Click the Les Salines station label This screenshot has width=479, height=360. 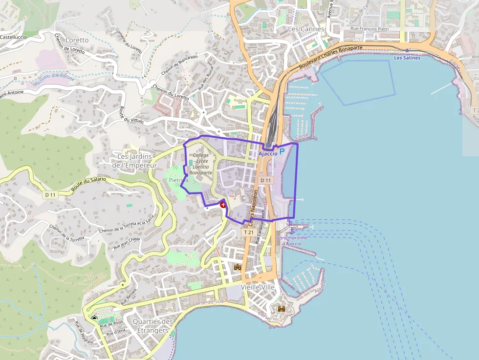[407, 58]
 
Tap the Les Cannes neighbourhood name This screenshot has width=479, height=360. [306, 29]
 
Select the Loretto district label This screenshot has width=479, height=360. [77, 40]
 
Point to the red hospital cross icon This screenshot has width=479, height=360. [223, 205]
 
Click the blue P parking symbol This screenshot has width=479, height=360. [282, 153]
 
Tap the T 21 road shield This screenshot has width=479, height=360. [248, 233]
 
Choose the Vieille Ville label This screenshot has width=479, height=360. [258, 287]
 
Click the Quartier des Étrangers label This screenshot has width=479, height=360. [152, 326]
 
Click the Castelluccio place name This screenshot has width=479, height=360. [13, 37]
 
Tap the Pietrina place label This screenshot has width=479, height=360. [178, 180]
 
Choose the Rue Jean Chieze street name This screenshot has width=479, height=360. [127, 243]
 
